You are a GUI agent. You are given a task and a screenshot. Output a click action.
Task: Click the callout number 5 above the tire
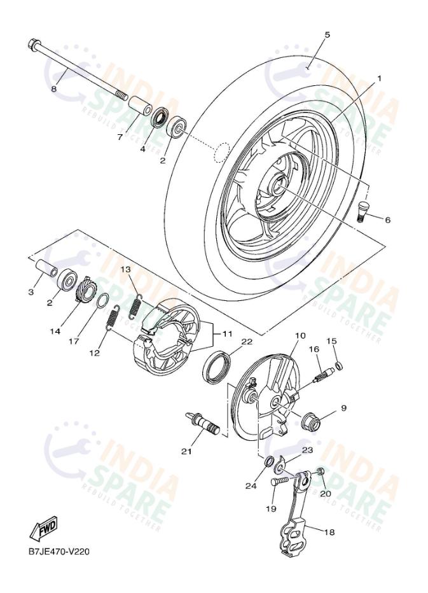click(x=328, y=35)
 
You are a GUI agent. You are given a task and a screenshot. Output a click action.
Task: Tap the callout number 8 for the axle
click(x=53, y=89)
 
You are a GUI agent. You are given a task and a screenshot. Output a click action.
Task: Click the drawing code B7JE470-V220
click(x=59, y=551)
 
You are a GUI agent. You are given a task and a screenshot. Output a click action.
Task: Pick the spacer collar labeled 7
click(x=139, y=104)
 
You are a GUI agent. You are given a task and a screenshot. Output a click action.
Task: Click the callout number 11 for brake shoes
click(x=226, y=333)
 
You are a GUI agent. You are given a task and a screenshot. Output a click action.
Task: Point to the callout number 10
click(x=300, y=335)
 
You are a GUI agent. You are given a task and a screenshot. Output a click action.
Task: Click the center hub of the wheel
click(x=278, y=186)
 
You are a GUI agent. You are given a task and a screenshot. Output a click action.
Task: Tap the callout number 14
click(x=55, y=331)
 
